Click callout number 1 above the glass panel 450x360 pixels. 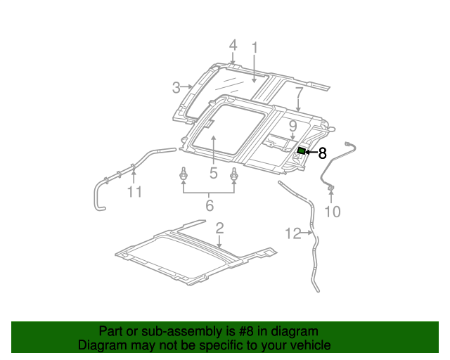coord(255,48)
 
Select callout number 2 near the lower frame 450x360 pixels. coord(219,227)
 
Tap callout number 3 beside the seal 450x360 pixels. coord(176,88)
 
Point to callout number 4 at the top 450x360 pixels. coord(233,46)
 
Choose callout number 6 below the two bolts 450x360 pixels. coord(209,205)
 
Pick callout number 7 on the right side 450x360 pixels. coord(299,92)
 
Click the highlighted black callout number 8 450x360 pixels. coord(322,152)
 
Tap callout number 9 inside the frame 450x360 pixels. coord(292,127)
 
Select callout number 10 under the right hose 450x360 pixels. coord(332,211)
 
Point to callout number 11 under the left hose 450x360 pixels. coord(134,191)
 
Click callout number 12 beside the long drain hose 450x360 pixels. coord(293,233)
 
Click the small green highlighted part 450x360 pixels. coord(301,150)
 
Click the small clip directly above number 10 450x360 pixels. coord(331,188)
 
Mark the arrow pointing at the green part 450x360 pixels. coord(310,151)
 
